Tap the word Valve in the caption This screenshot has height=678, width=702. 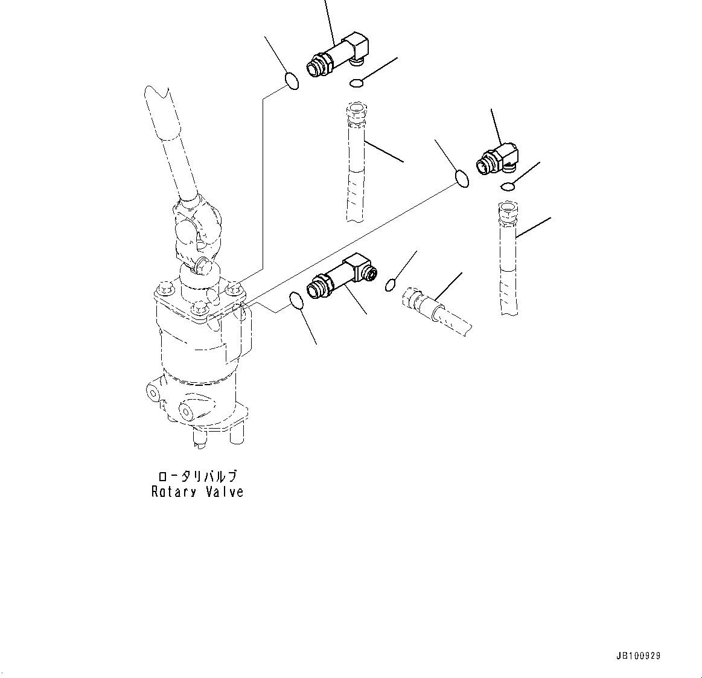224,492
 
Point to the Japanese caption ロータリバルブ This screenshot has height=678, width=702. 197,476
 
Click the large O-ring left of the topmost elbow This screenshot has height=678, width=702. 291,80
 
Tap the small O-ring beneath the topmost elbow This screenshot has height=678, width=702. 357,82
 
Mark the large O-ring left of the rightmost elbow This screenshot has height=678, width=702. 461,179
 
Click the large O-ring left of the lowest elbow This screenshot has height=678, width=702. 296,299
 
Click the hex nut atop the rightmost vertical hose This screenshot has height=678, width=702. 508,211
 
